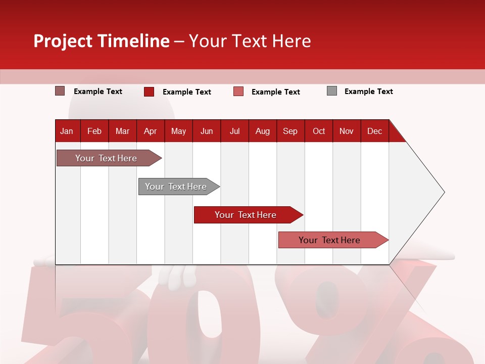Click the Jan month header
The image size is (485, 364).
click(x=67, y=131)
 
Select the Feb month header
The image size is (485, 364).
click(x=94, y=131)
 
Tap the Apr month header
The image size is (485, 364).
click(x=151, y=131)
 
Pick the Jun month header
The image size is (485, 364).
click(x=207, y=131)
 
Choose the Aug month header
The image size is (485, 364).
click(x=263, y=131)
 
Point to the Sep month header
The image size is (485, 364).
click(x=290, y=131)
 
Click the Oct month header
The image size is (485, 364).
click(x=319, y=131)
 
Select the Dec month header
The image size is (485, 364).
click(x=375, y=131)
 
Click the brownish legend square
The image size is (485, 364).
click(x=60, y=91)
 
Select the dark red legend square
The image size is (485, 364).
click(x=149, y=92)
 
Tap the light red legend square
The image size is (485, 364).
click(x=238, y=92)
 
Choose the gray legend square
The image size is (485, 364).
click(x=332, y=91)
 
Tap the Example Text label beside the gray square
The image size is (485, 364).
click(x=368, y=92)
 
